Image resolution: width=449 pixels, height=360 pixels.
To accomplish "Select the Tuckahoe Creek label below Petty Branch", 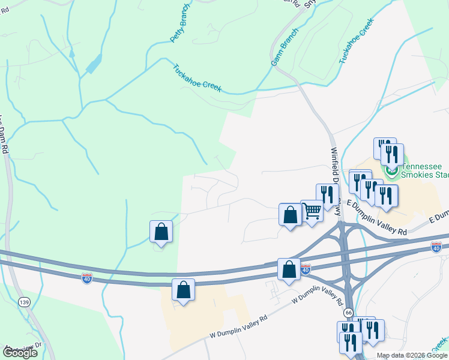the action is [197, 79].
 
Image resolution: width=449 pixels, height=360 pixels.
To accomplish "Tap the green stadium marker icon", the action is [393, 172].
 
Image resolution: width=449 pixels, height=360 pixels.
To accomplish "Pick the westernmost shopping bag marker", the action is [161, 232].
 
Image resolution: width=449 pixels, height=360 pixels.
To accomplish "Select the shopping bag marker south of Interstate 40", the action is [183, 290].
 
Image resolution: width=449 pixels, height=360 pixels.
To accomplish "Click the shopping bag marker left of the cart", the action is [290, 215].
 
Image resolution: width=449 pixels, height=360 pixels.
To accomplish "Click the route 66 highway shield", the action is [348, 313].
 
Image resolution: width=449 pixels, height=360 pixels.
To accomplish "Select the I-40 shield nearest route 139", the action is [87, 278].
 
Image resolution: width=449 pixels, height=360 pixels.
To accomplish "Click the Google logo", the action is [19, 353].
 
